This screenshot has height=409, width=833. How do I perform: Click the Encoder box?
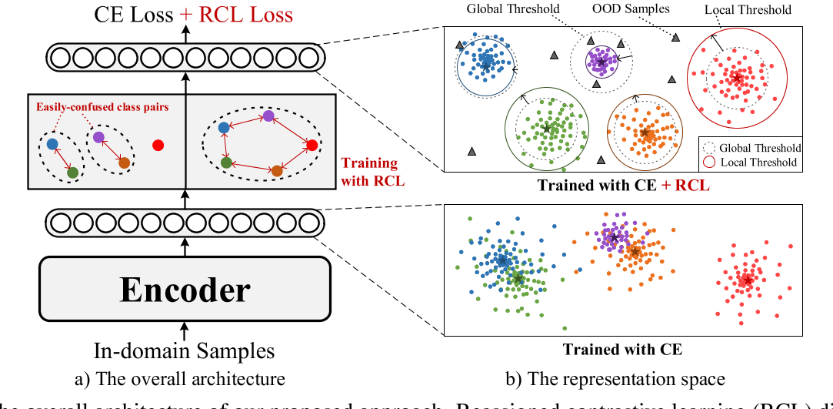(184, 289)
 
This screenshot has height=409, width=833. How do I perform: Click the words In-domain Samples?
(184, 351)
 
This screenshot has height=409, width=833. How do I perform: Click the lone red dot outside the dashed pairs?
(158, 144)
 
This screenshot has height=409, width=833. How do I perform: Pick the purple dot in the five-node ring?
(268, 116)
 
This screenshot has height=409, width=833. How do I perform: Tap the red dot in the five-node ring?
(312, 145)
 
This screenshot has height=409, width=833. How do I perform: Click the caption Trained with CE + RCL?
(622, 185)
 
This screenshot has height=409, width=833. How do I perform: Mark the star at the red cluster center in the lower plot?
(745, 281)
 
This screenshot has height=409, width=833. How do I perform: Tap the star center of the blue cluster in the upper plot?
(485, 65)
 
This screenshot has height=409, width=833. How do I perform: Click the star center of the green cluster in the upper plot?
(546, 128)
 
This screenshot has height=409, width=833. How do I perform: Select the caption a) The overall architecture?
(184, 378)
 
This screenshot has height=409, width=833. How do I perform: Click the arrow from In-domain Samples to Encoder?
(184, 328)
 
